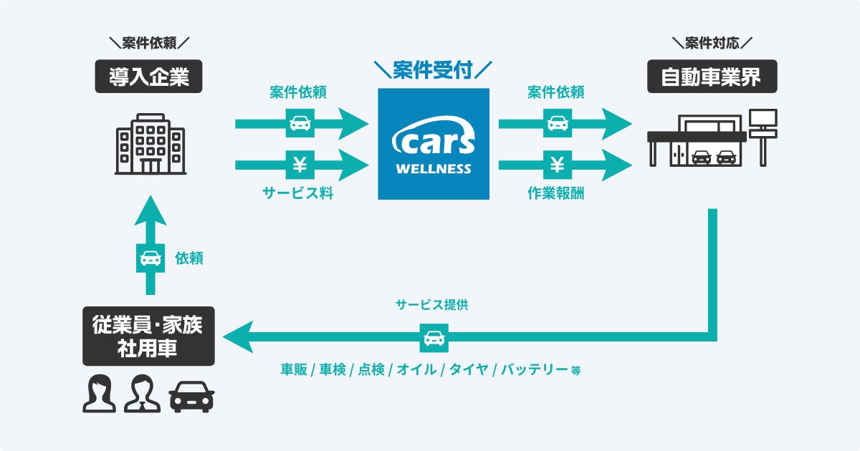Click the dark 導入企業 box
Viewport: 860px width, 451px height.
(x=149, y=77)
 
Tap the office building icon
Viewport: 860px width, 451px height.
(x=149, y=145)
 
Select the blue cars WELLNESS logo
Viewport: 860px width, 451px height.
(x=434, y=143)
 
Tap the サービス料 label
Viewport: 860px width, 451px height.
(x=300, y=193)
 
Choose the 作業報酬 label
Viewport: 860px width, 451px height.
(x=556, y=193)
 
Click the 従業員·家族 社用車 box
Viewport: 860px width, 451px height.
(x=148, y=337)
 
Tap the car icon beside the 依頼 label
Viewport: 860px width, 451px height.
(x=150, y=258)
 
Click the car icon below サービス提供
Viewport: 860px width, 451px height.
(x=434, y=337)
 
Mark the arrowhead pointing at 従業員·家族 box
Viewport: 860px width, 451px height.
(x=238, y=337)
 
